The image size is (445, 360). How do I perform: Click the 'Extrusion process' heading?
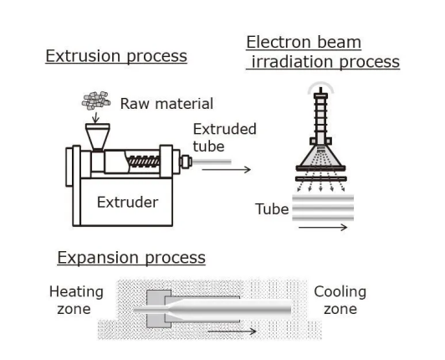(x=116, y=56)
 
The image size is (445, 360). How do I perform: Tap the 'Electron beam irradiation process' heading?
(x=323, y=52)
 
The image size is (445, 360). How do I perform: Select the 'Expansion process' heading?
(x=131, y=258)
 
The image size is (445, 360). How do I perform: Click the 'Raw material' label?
(x=166, y=104)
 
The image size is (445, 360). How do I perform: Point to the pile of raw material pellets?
(x=96, y=100)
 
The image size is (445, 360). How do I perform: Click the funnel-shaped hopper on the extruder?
(x=98, y=136)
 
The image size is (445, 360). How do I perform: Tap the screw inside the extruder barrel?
(x=144, y=162)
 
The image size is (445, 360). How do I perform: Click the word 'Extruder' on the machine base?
(x=127, y=203)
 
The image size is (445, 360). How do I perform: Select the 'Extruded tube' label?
(x=224, y=138)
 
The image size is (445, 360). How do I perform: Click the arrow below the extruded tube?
(x=227, y=170)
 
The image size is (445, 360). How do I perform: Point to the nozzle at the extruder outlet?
(x=186, y=162)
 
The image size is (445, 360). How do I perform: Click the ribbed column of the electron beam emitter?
(x=320, y=116)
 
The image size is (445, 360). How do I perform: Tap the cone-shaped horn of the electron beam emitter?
(x=320, y=156)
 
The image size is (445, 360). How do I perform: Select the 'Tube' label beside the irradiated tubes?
(x=272, y=209)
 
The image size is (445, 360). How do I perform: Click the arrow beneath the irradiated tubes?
(x=323, y=227)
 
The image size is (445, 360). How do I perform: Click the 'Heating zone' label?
(x=76, y=301)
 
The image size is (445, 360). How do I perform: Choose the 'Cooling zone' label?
(x=340, y=301)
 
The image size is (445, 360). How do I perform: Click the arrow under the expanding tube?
(x=233, y=331)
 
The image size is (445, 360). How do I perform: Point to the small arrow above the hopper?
(x=95, y=117)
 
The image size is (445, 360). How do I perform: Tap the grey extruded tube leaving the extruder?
(x=212, y=162)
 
